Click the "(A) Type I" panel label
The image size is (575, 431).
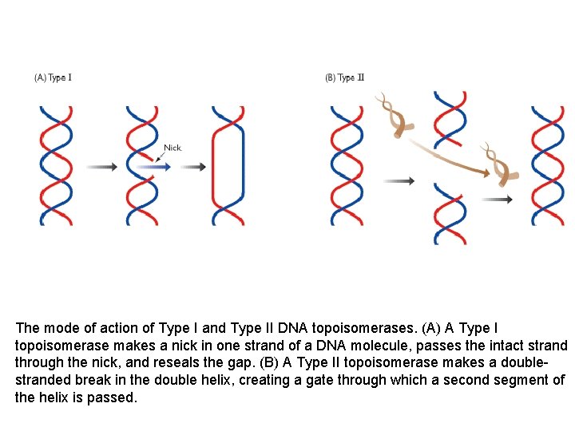point(53,77)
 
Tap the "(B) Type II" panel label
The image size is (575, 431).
point(344,77)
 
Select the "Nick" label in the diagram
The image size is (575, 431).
point(172,148)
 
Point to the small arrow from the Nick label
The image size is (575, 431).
point(162,158)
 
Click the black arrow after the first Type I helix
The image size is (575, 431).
point(101,167)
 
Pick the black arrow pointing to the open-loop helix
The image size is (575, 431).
point(192,167)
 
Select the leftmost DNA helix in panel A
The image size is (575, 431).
point(56,165)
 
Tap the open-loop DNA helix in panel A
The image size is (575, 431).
point(228,165)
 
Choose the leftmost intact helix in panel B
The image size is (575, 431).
point(347,165)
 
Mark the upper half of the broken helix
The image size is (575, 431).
point(450,124)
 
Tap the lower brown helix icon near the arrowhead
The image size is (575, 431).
point(501,164)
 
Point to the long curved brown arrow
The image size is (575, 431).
point(447,156)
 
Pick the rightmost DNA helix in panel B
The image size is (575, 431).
point(548,165)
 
